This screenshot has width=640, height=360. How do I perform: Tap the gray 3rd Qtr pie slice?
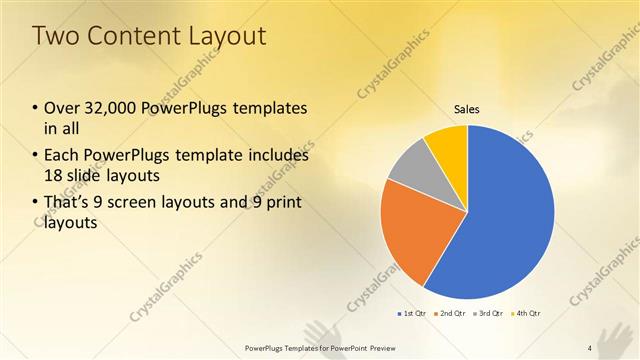tap(409, 164)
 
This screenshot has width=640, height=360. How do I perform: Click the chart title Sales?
tap(467, 108)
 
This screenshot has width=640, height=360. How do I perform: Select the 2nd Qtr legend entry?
tap(452, 314)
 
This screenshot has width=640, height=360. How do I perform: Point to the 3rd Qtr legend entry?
tap(489, 314)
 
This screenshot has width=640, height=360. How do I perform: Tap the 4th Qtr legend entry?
tap(526, 314)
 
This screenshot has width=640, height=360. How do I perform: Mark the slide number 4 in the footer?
tap(590, 348)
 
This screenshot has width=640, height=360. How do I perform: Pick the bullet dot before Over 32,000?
tap(36, 108)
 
